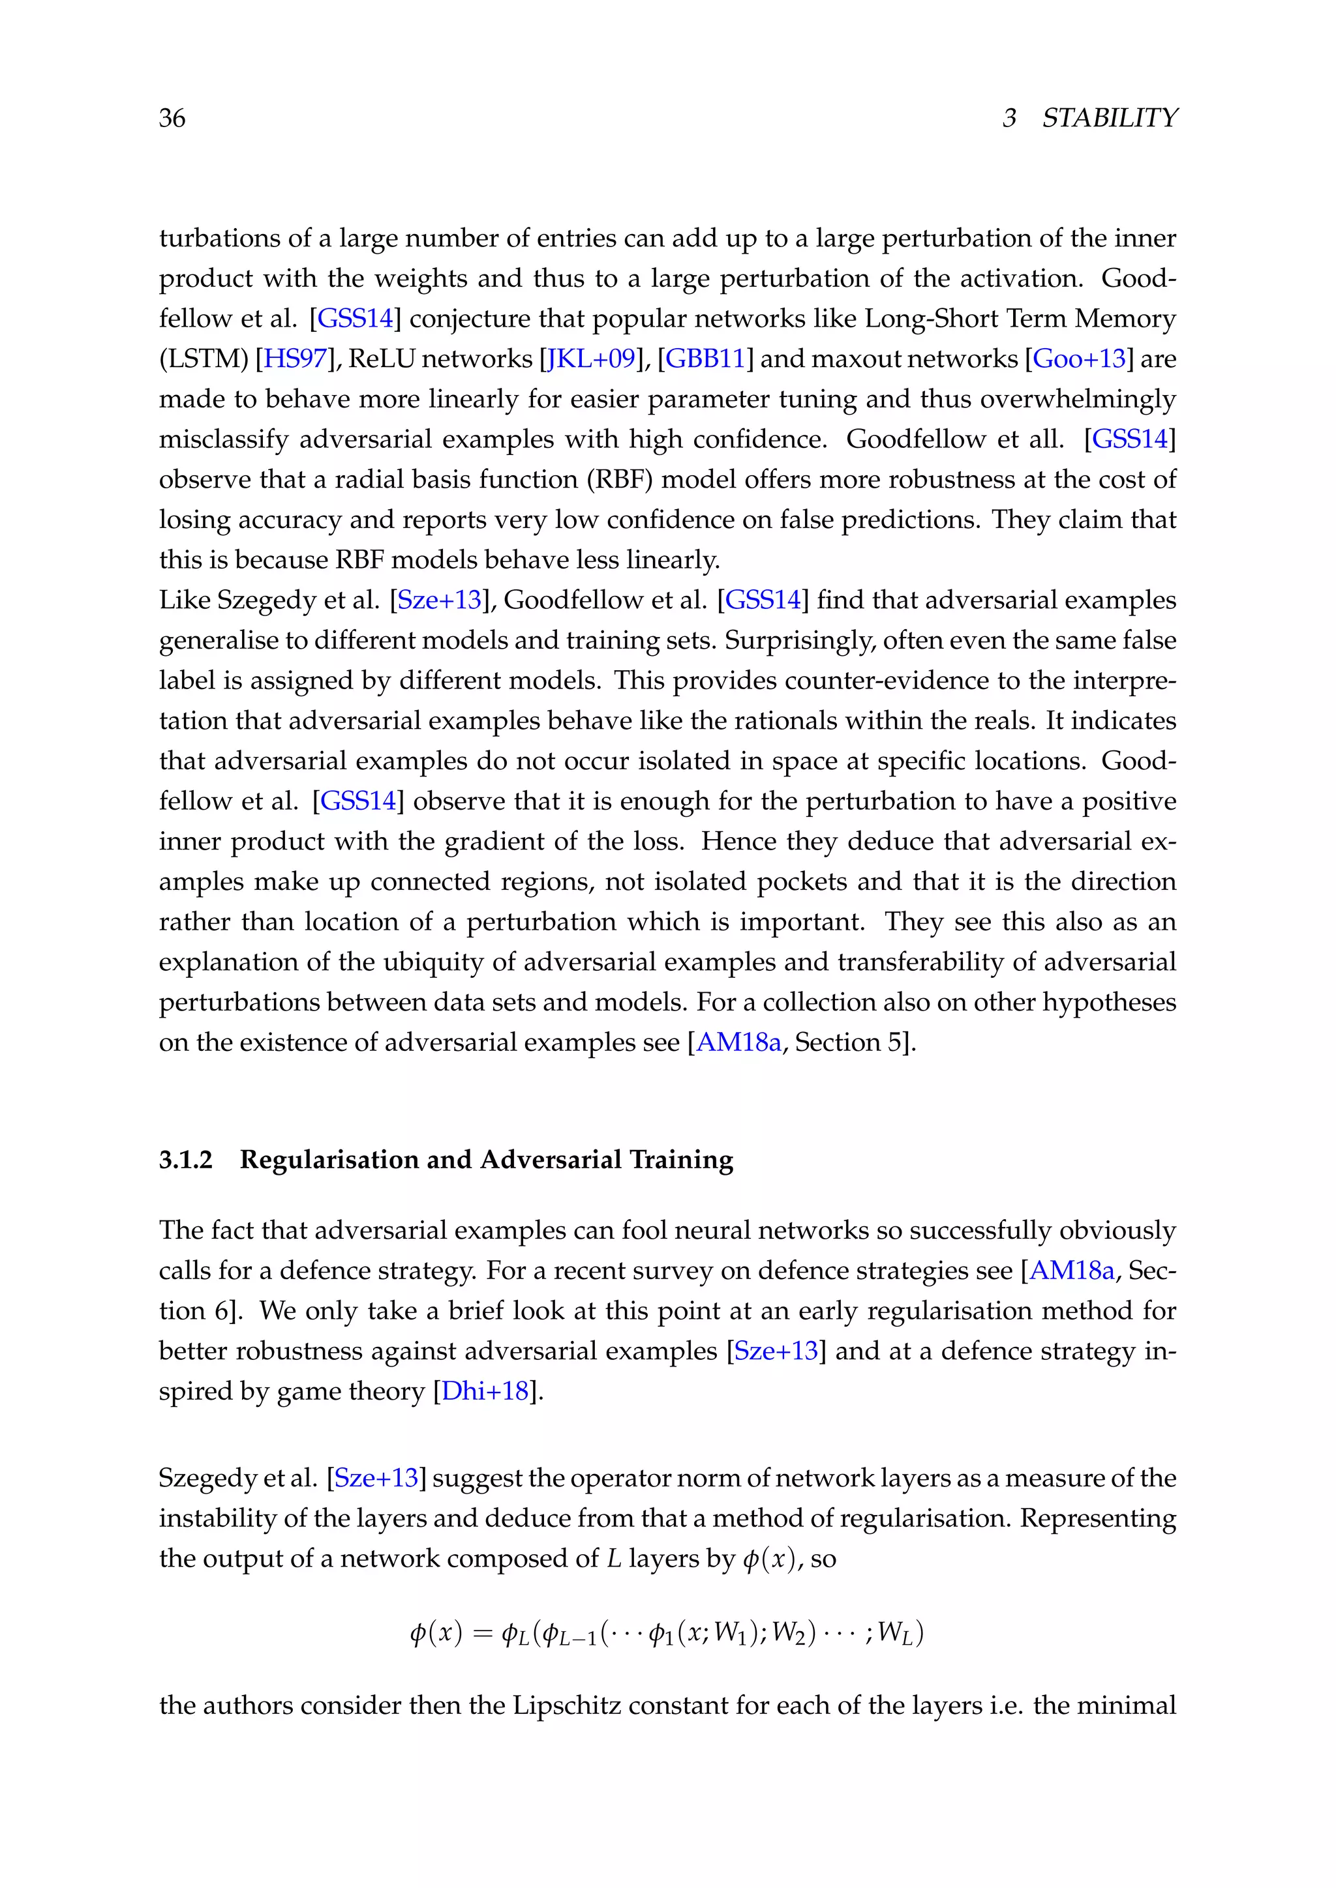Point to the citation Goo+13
[1078, 359]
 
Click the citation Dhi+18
[485, 1391]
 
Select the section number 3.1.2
[186, 1160]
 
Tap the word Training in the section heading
[681, 1160]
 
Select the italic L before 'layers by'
[613, 1559]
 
